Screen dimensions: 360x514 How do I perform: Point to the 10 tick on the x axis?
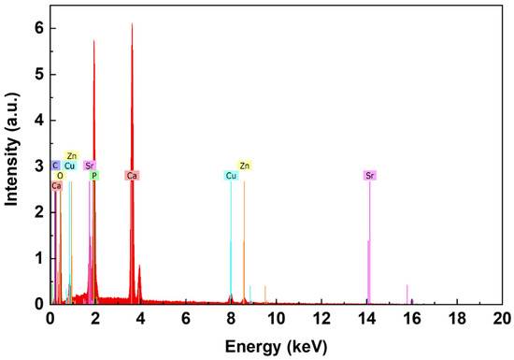pyautogui.click(x=276, y=318)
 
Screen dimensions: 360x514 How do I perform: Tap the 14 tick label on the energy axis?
pyautogui.click(x=366, y=318)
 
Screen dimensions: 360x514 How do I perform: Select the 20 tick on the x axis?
pyautogui.click(x=502, y=318)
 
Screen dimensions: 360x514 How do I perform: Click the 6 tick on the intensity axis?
pyautogui.click(x=37, y=28)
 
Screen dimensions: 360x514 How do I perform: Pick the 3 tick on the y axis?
pyautogui.click(x=37, y=166)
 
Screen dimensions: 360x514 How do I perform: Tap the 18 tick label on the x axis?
pyautogui.click(x=457, y=318)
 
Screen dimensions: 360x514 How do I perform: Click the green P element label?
pyautogui.click(x=93, y=176)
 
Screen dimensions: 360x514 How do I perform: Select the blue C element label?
pyautogui.click(x=55, y=166)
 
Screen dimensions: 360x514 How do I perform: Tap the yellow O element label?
pyautogui.click(x=60, y=176)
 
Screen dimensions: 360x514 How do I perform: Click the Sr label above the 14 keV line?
pyautogui.click(x=370, y=176)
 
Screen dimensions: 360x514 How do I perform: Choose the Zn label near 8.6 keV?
pyautogui.click(x=245, y=166)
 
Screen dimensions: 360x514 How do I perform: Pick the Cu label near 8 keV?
pyautogui.click(x=231, y=176)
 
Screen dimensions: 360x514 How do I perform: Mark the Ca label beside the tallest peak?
pyautogui.click(x=132, y=176)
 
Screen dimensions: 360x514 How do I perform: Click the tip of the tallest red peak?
pyautogui.click(x=132, y=23)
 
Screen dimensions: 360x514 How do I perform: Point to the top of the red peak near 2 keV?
pyautogui.click(x=93, y=40)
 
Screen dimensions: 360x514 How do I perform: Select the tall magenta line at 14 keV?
pyautogui.click(x=370, y=243)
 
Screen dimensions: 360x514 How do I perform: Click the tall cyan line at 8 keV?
pyautogui.click(x=231, y=243)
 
